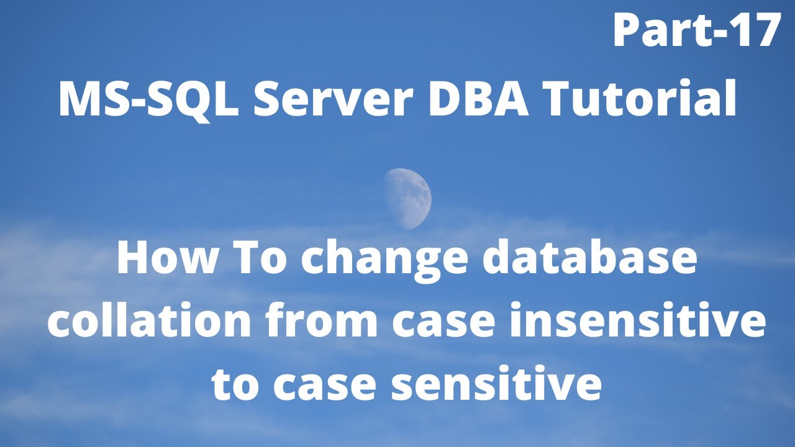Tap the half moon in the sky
pos(408,198)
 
